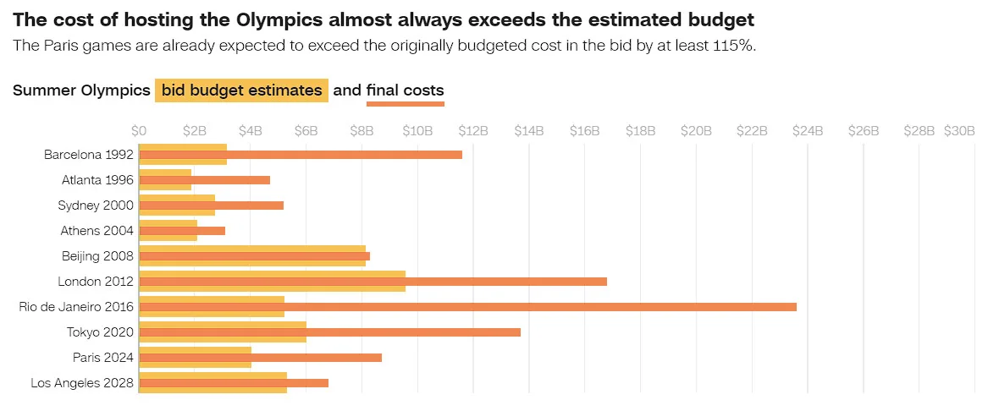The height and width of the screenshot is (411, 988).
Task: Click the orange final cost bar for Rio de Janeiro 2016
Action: tap(467, 307)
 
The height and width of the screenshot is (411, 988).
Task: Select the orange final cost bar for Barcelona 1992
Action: tap(301, 155)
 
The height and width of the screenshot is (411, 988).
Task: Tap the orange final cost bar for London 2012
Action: tap(373, 282)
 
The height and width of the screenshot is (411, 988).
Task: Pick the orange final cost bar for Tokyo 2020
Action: tap(329, 332)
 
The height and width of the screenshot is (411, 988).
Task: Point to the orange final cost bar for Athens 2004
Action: tap(182, 231)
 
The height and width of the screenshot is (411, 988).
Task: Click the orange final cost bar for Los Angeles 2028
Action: tap(234, 383)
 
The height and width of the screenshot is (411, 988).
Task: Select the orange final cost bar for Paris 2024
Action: tap(260, 358)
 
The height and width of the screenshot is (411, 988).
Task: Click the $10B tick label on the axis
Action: tap(417, 131)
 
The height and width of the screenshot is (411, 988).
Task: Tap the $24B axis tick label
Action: tap(807, 131)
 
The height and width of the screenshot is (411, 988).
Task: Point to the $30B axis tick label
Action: tap(959, 131)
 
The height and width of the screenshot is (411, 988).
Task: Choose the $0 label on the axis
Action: tap(139, 131)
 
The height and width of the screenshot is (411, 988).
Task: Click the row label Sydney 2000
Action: tap(96, 205)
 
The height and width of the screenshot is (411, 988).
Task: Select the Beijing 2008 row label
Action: tap(97, 256)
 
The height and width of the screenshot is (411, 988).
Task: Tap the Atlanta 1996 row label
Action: tap(97, 180)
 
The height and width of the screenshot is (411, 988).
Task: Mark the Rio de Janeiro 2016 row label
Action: tap(76, 307)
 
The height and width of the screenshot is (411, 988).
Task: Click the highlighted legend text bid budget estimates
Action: tap(242, 90)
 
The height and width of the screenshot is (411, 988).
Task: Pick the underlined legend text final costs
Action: tap(406, 90)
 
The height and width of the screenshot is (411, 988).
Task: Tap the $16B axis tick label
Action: tap(584, 131)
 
